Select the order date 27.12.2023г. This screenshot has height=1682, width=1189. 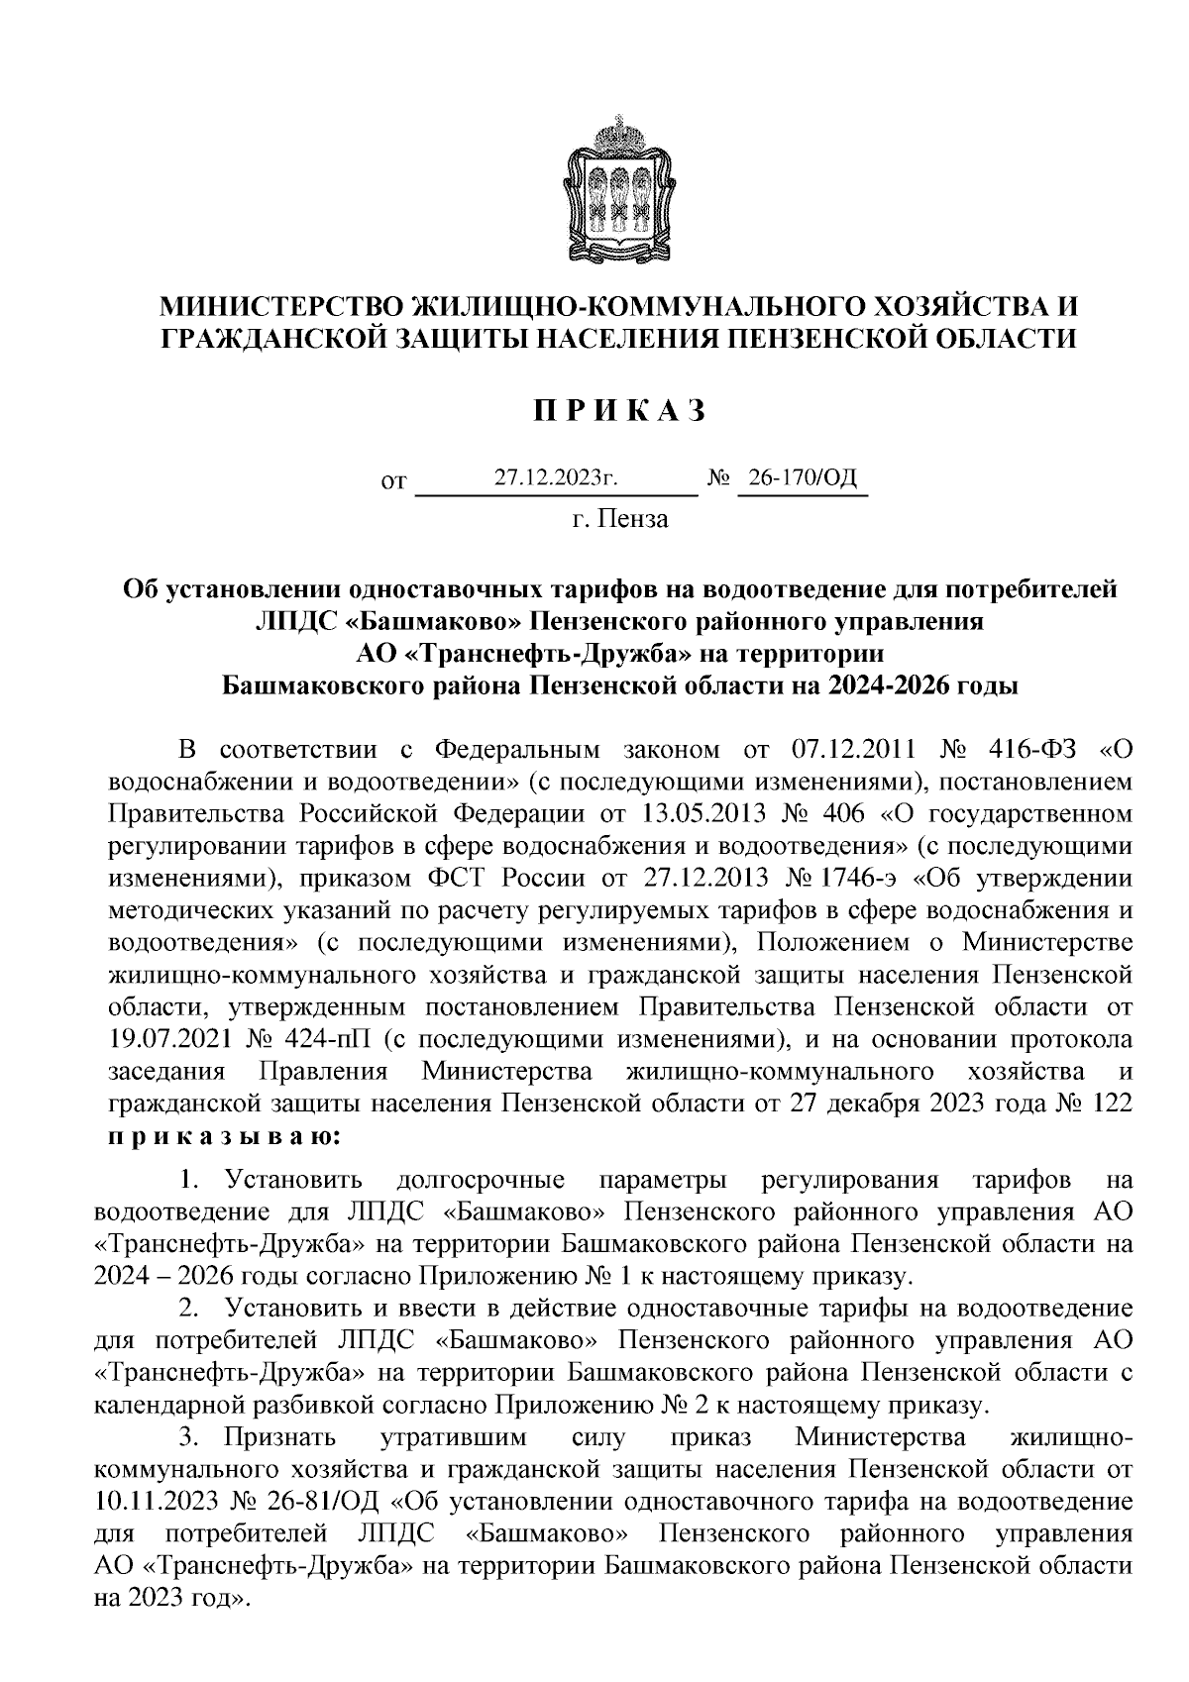click(557, 478)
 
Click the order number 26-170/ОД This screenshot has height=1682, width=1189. click(802, 478)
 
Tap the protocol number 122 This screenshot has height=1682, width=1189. click(1111, 1104)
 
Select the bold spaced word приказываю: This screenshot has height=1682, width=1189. click(224, 1136)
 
